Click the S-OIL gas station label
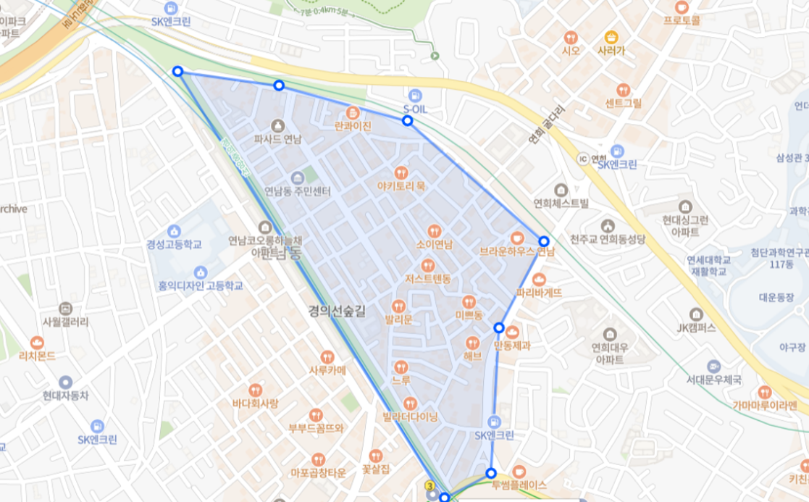415,109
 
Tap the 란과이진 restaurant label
353,126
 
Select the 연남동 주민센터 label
298,192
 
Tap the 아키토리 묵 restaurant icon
401,172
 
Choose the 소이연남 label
435,244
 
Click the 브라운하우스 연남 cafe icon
517,238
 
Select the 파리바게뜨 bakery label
539,293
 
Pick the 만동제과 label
512,346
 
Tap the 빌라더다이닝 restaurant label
410,417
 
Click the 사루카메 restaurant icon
327,356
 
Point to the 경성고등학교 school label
174,244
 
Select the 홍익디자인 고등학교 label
201,285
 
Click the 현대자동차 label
65,396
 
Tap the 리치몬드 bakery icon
37,343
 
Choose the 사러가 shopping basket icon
611,37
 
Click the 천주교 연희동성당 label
607,239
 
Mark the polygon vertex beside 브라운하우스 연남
544,241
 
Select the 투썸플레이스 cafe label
519,485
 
